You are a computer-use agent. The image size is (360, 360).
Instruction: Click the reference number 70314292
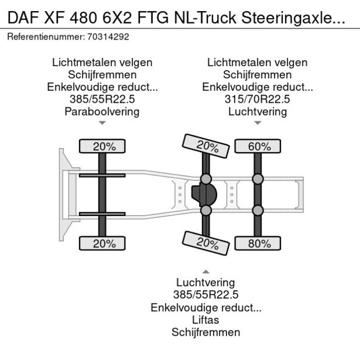point(108,37)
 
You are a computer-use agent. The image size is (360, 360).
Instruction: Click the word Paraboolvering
point(102,111)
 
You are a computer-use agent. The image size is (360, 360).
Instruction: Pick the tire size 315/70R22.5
point(257,99)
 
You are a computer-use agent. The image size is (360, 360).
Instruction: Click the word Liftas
point(206,319)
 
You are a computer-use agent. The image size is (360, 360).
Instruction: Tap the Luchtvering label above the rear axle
point(257,111)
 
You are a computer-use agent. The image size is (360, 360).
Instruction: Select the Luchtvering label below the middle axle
point(206,282)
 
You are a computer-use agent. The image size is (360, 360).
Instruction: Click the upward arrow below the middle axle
point(206,271)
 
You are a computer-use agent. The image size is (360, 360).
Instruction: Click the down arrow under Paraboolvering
point(102,123)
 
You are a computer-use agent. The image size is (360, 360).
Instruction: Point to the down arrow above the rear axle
point(257,123)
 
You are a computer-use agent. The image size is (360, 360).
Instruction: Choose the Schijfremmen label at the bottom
point(206,332)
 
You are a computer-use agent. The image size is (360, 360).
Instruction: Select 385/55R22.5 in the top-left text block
point(102,99)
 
